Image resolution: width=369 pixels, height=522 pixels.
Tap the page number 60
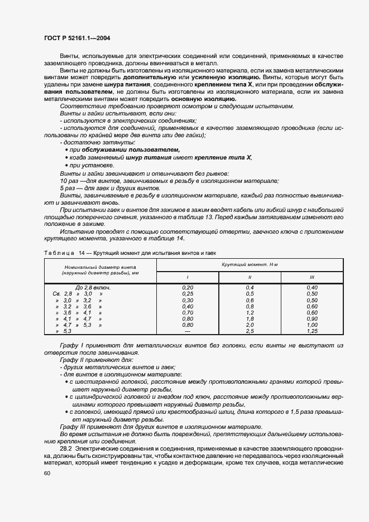click(x=47, y=473)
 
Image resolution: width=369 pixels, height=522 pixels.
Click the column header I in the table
click(x=187, y=277)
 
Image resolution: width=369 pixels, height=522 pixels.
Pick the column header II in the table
click(x=250, y=277)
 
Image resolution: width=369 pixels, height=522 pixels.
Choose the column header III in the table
click(x=312, y=277)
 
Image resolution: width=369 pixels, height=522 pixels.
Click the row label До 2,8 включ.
click(x=93, y=287)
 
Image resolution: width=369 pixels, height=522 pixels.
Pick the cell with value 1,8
click(x=250, y=318)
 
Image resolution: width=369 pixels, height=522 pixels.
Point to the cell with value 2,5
click(x=250, y=331)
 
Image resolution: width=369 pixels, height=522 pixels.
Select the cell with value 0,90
click(x=312, y=318)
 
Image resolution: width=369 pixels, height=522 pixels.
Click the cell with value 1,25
click(x=312, y=331)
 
